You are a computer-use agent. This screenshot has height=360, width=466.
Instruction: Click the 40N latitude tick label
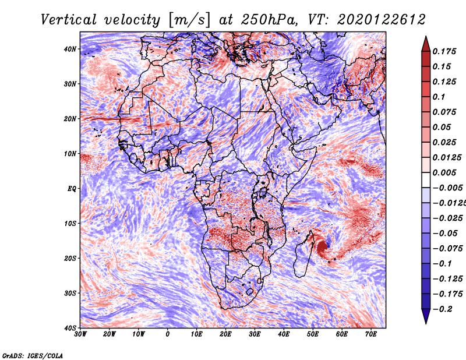pos(70,49)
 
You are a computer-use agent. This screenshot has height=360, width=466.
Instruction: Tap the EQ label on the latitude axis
pos(72,189)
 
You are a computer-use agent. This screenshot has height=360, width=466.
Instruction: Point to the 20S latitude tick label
pos(70,258)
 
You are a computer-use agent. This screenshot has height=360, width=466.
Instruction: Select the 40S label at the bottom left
pos(70,328)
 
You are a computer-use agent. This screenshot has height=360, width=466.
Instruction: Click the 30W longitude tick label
pos(80,334)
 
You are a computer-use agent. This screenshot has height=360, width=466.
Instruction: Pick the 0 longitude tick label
pos(168,334)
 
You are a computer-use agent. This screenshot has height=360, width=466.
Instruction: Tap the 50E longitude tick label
pos(313,334)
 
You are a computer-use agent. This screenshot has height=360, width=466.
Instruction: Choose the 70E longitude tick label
pos(371,334)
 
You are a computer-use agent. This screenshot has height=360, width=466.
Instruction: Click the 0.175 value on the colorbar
pos(444,51)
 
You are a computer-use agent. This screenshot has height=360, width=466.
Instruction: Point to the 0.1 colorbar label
pos(439,97)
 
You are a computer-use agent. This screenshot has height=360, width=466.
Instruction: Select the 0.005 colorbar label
pos(444,172)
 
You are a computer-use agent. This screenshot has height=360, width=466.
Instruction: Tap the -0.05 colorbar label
pos(445,234)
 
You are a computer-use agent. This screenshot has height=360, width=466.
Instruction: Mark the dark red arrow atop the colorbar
pos(426,44)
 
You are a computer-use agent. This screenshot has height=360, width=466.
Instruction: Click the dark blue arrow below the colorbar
pos(426,316)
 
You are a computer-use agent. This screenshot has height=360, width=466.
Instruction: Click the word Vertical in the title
pos(69,20)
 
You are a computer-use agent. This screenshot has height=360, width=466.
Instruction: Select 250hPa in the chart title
pos(268,20)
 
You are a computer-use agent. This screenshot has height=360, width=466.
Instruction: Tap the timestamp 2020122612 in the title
pos(382,20)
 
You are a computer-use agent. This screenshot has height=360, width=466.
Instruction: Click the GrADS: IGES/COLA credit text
pos(33,355)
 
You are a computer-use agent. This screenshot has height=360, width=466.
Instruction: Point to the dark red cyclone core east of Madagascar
pos(322,247)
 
